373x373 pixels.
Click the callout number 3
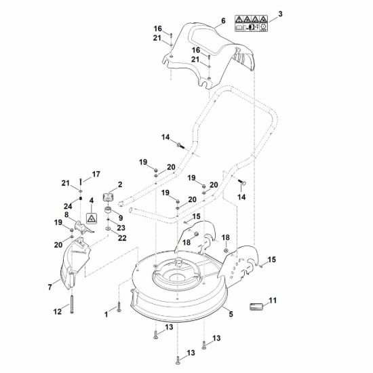(x=280, y=14)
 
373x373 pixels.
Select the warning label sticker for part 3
(x=251, y=23)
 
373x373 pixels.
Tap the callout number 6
(x=223, y=21)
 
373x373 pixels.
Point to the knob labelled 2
(x=108, y=197)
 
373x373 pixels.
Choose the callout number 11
(x=273, y=300)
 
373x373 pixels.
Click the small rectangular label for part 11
(x=256, y=307)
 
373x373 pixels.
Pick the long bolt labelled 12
(x=72, y=304)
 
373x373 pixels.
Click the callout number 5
(x=231, y=314)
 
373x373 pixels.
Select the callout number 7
(x=50, y=287)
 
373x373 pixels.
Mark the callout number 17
(x=96, y=174)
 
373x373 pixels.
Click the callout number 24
(x=68, y=206)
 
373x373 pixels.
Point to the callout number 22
(x=122, y=238)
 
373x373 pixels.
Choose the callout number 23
(x=121, y=228)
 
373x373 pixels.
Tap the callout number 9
(x=121, y=218)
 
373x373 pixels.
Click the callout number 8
(x=66, y=215)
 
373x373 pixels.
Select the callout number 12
(x=58, y=312)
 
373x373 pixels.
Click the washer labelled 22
(x=108, y=229)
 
